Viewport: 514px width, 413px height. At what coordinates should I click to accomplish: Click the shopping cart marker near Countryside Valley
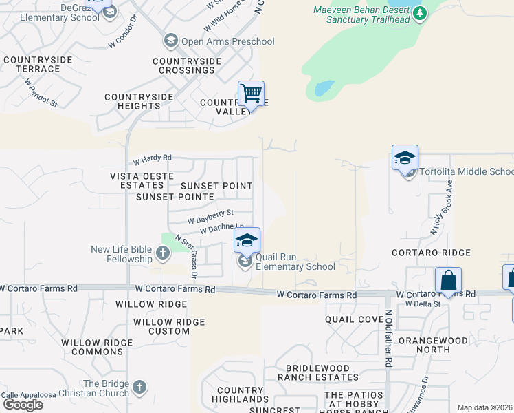(251, 93)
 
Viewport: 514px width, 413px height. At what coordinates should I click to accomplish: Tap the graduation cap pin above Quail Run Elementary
(247, 240)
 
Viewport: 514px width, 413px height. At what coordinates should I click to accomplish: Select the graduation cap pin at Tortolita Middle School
(405, 158)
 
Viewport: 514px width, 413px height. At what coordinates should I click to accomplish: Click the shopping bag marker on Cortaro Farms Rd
(448, 280)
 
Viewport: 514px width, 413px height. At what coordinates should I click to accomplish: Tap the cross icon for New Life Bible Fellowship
(162, 253)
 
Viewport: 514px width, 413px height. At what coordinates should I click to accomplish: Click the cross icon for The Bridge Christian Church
(139, 387)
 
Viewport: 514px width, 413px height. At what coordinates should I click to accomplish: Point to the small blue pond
(324, 88)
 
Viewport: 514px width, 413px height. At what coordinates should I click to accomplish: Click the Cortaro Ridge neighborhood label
(431, 253)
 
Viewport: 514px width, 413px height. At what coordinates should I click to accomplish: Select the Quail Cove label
(354, 319)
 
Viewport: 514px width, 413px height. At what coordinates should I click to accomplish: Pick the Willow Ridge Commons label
(92, 347)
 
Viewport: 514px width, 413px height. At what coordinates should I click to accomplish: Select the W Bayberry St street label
(211, 217)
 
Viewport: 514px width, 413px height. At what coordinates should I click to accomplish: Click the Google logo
(22, 405)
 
